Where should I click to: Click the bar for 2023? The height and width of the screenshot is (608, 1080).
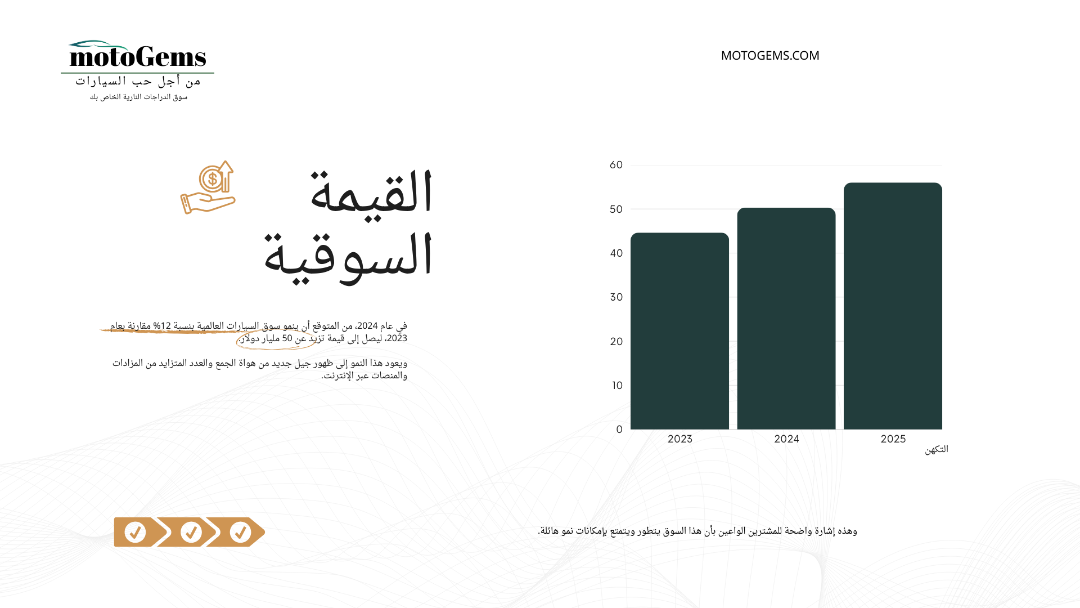pyautogui.click(x=679, y=331)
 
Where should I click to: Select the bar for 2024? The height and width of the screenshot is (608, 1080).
pyautogui.click(x=786, y=319)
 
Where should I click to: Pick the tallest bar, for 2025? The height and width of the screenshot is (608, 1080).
pyautogui.click(x=893, y=306)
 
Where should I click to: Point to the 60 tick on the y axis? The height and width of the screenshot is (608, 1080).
pyautogui.click(x=616, y=165)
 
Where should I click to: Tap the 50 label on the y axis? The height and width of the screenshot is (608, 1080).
pyautogui.click(x=616, y=209)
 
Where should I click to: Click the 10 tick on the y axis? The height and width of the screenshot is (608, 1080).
pyautogui.click(x=618, y=386)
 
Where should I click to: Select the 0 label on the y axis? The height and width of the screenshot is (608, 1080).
pyautogui.click(x=619, y=430)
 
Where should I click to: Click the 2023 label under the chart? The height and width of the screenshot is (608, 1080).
pyautogui.click(x=679, y=439)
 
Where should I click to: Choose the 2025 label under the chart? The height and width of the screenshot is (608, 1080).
pyautogui.click(x=893, y=439)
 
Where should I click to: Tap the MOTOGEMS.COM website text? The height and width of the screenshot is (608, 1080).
pyautogui.click(x=770, y=56)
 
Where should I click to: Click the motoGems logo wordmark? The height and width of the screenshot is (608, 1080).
pyautogui.click(x=138, y=56)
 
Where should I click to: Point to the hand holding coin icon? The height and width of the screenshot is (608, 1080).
pyautogui.click(x=208, y=187)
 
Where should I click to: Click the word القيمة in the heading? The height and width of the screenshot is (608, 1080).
pyautogui.click(x=371, y=191)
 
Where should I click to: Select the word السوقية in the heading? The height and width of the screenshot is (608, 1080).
pyautogui.click(x=348, y=256)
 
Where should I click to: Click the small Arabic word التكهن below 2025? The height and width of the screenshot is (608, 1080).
pyautogui.click(x=937, y=449)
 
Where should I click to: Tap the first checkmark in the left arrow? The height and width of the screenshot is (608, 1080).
pyautogui.click(x=135, y=532)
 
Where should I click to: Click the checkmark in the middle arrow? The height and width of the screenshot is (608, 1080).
pyautogui.click(x=191, y=532)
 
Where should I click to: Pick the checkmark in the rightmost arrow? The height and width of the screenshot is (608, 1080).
pyautogui.click(x=240, y=532)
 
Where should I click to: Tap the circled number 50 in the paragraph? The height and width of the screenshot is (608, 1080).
pyautogui.click(x=287, y=338)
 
